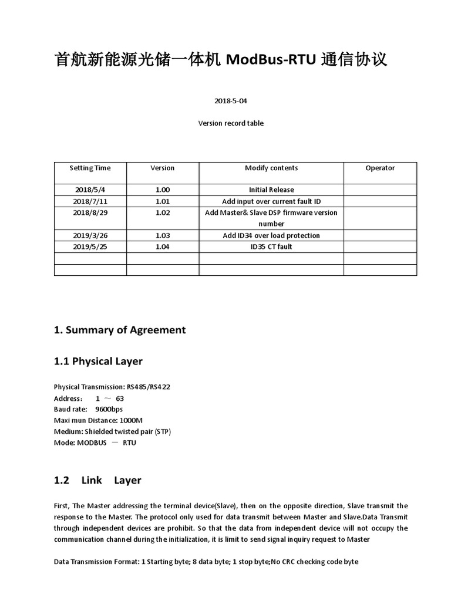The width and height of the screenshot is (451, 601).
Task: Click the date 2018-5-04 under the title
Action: pyautogui.click(x=227, y=100)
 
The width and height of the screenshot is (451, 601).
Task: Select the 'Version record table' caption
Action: pyautogui.click(x=231, y=123)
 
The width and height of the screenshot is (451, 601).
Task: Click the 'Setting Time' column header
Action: pyautogui.click(x=90, y=168)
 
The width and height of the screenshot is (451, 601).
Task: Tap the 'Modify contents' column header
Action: pyautogui.click(x=271, y=168)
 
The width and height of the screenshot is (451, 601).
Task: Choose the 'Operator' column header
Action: pyautogui.click(x=380, y=168)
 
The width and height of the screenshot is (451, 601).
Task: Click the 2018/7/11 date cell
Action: pyautogui.click(x=90, y=201)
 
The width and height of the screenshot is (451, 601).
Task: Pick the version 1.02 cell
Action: pyautogui.click(x=162, y=212)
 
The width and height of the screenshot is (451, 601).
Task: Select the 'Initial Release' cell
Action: pyautogui.click(x=271, y=190)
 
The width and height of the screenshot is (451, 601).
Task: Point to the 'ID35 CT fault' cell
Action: pyautogui.click(x=271, y=247)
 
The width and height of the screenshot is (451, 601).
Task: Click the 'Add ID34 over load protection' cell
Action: pyautogui.click(x=271, y=235)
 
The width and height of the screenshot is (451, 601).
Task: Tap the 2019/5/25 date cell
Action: pyautogui.click(x=90, y=247)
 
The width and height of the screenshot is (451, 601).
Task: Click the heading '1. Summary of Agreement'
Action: pyautogui.click(x=120, y=330)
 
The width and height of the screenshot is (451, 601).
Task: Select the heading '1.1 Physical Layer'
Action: pyautogui.click(x=98, y=362)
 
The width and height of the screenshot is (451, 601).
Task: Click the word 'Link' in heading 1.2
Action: pyautogui.click(x=92, y=480)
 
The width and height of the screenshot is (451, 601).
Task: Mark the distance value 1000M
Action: pyautogui.click(x=131, y=420)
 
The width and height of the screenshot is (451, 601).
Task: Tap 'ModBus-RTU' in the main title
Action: pyautogui.click(x=271, y=60)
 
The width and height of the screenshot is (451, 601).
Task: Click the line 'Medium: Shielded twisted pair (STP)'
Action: pyautogui.click(x=112, y=431)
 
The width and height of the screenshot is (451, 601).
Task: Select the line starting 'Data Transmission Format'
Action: pyautogui.click(x=206, y=562)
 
